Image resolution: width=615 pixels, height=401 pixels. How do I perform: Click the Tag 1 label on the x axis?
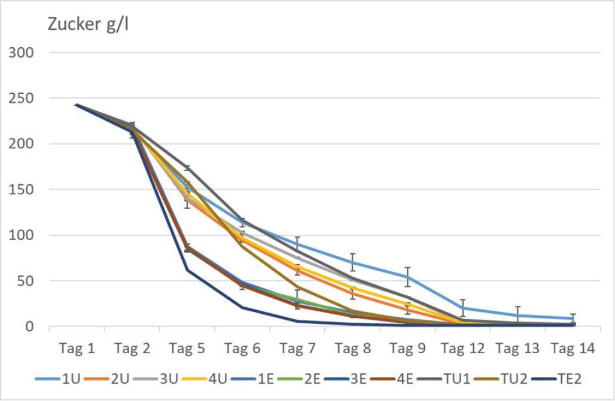77,349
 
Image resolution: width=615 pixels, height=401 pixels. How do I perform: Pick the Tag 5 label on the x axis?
187,349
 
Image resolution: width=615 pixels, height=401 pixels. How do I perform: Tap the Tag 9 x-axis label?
409,349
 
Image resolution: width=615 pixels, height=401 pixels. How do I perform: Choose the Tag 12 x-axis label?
464,349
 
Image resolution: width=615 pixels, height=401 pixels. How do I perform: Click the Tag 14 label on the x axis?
574,349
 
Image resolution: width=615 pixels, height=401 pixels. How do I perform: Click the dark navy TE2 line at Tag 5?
187,270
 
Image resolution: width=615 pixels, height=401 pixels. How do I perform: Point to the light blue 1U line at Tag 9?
409,277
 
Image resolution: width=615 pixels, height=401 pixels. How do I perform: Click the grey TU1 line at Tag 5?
187,168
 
